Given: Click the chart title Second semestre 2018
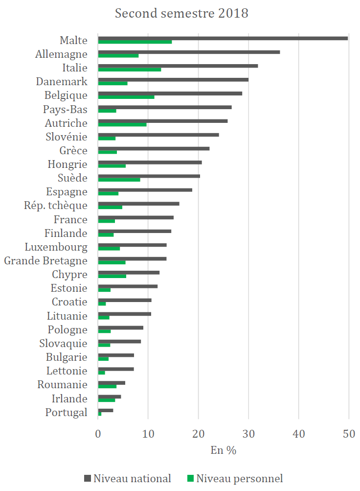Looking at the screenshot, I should pyautogui.click(x=181, y=13).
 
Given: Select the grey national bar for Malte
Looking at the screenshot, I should pyautogui.click(x=223, y=38).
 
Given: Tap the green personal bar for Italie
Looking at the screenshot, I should pyautogui.click(x=130, y=70).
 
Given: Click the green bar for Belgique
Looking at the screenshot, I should pyautogui.click(x=126, y=97).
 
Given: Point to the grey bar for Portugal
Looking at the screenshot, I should pyautogui.click(x=106, y=410).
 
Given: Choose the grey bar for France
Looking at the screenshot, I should pyautogui.click(x=135, y=217).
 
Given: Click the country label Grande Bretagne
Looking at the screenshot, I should pyautogui.click(x=45, y=261).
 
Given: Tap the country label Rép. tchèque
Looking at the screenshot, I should pyautogui.click(x=56, y=206).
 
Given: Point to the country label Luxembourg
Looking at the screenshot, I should pyautogui.click(x=56, y=247).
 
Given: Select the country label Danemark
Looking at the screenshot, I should pyautogui.click(x=62, y=82).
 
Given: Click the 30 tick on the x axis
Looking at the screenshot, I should pyautogui.click(x=248, y=433).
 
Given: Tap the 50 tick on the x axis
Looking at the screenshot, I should pyautogui.click(x=348, y=433).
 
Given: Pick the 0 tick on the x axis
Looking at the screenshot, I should pyautogui.click(x=98, y=433).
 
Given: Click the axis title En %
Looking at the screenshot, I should pyautogui.click(x=224, y=450).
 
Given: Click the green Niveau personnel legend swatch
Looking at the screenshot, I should pyautogui.click(x=191, y=478).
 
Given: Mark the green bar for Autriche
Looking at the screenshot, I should pyautogui.click(x=122, y=125).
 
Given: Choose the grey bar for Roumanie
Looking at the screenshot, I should pyautogui.click(x=112, y=383).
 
